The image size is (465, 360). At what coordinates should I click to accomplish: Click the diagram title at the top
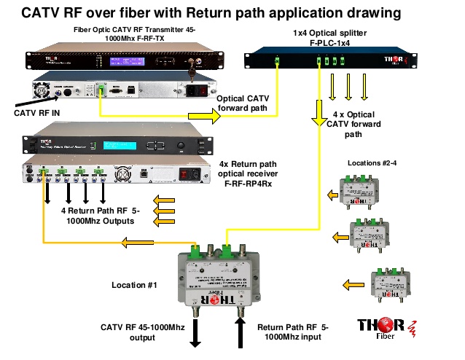pyautogui.click(x=232, y=12)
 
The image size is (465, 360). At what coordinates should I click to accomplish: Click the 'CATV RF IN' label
pyautogui.click(x=45, y=114)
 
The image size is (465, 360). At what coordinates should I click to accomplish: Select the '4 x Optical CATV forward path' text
pyautogui.click(x=365, y=124)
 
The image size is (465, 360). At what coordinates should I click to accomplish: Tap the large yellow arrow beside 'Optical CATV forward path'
pyautogui.click(x=203, y=116)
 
